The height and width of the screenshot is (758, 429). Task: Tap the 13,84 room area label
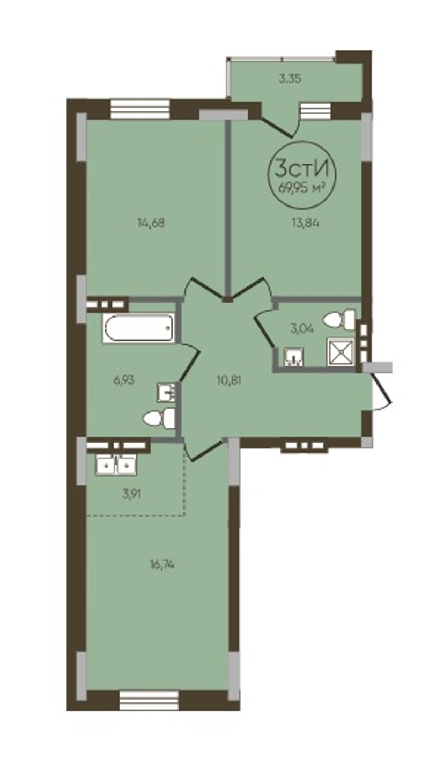tap(306, 223)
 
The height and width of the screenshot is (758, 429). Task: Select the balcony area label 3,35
tap(290, 79)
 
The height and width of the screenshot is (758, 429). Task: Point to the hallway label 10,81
tap(229, 381)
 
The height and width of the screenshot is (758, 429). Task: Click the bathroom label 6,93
tap(124, 380)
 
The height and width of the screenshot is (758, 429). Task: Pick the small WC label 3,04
tap(302, 328)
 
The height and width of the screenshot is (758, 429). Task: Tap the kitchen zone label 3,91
tap(131, 495)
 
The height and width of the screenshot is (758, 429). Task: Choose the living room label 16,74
tap(162, 564)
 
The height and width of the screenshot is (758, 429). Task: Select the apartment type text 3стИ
tap(302, 168)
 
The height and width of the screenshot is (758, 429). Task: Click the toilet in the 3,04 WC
tap(339, 319)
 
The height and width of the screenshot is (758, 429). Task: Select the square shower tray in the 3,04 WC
tap(341, 352)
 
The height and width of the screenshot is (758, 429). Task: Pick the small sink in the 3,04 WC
tap(294, 357)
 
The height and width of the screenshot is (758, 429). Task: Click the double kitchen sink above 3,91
tap(116, 465)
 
